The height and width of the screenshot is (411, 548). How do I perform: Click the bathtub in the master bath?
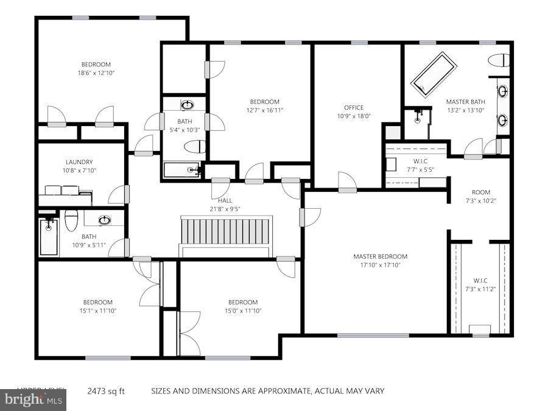(x=435, y=74)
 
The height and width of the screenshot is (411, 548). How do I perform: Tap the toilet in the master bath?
(x=500, y=60)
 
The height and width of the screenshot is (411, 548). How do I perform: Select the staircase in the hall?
(x=225, y=231)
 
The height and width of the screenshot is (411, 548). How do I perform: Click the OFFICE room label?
(x=353, y=108)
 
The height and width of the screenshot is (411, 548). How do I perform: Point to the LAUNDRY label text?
(x=79, y=162)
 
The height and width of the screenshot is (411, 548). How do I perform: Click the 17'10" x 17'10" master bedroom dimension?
(x=380, y=265)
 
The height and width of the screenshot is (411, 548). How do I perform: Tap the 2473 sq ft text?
(x=106, y=391)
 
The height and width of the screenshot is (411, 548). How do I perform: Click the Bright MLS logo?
(x=33, y=400)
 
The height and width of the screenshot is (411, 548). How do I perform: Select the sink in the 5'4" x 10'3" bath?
(x=186, y=105)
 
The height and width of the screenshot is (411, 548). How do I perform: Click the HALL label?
(x=225, y=200)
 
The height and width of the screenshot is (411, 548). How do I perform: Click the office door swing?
(x=347, y=181)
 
